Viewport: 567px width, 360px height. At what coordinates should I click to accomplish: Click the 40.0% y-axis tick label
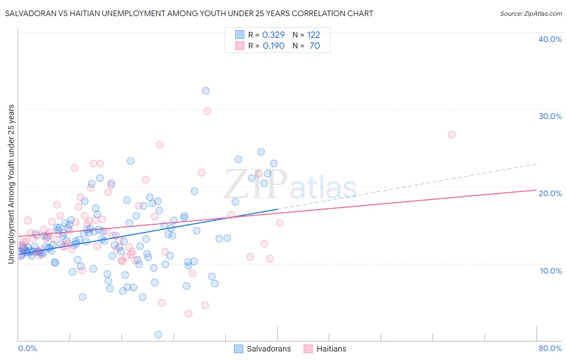point(550,39)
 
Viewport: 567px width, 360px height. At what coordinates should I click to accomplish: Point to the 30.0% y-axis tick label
point(550,116)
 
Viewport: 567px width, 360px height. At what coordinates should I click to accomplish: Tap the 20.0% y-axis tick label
point(550,193)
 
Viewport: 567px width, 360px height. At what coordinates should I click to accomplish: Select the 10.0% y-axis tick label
point(551,271)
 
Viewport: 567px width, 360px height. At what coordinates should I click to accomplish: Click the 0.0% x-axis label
point(27,348)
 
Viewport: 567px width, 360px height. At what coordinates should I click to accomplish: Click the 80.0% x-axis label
point(550,348)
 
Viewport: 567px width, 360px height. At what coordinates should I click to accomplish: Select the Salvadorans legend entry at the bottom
point(263,349)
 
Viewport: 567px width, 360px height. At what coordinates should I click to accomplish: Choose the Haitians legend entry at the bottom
point(325,349)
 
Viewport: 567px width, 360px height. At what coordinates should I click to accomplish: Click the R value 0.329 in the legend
point(273,35)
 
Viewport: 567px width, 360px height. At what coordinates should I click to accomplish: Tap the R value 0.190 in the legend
point(273,46)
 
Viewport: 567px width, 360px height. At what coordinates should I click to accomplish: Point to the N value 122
point(313,35)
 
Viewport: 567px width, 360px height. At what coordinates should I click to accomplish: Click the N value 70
point(315,46)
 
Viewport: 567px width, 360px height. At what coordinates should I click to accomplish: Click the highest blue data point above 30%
point(206,91)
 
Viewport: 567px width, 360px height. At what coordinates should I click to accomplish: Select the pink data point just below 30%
point(207,111)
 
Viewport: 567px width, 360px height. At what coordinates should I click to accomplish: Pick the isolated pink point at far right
point(452,135)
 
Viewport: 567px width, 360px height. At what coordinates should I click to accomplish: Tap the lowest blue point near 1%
point(158,334)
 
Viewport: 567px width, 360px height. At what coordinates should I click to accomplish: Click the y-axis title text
point(11,184)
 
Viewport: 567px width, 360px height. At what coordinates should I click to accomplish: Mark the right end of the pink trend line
point(536,190)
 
